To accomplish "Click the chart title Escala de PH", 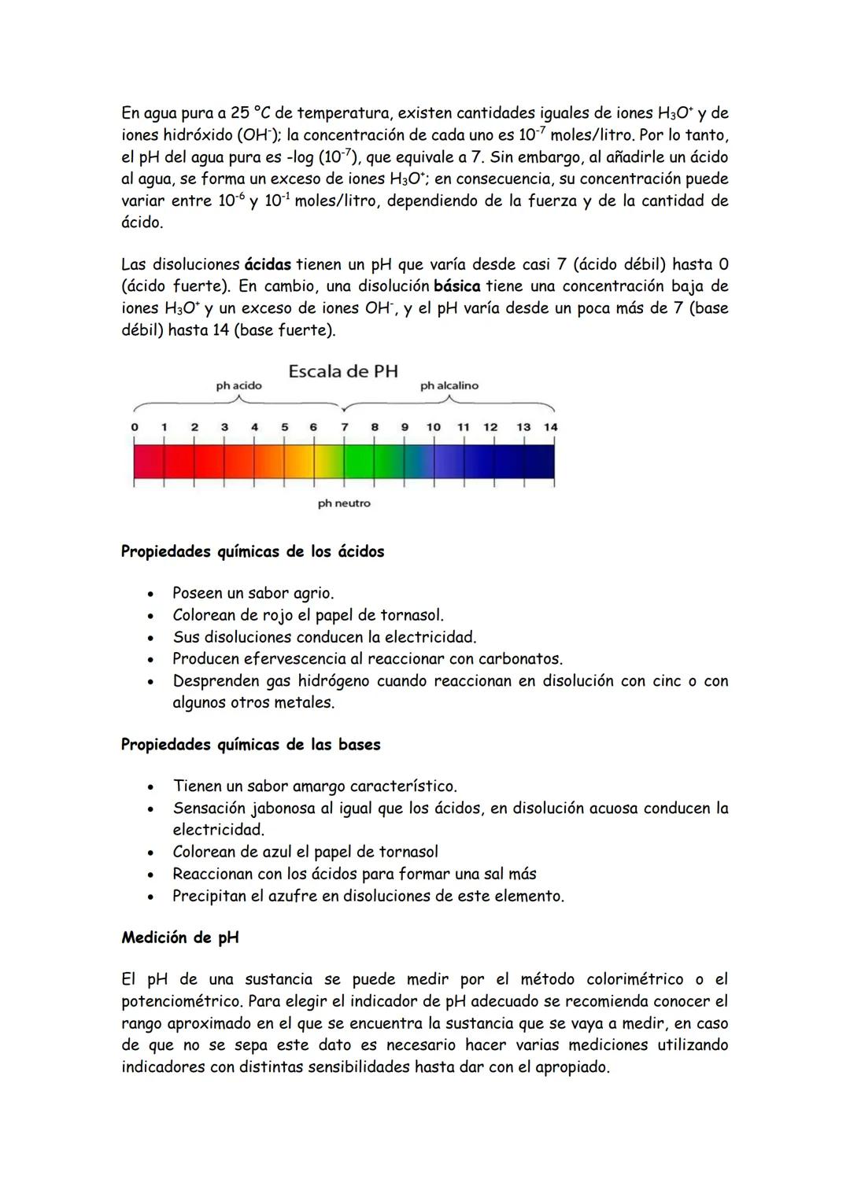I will [x=343, y=371].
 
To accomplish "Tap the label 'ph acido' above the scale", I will [x=239, y=386].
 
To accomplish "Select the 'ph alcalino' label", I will [x=449, y=386].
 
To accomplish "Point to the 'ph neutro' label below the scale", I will [x=344, y=503].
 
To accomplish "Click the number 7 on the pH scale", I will [x=344, y=427].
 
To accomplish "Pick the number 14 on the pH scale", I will [x=551, y=427].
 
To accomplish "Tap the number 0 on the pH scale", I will [x=135, y=427].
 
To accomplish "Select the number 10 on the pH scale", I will [x=434, y=427].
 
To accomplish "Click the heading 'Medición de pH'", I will [x=180, y=938].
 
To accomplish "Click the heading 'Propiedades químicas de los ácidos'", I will [x=253, y=551].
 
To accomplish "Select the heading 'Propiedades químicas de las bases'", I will [x=250, y=744].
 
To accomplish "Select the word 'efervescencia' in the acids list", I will [x=290, y=659].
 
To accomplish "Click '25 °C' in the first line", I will [x=251, y=113].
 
